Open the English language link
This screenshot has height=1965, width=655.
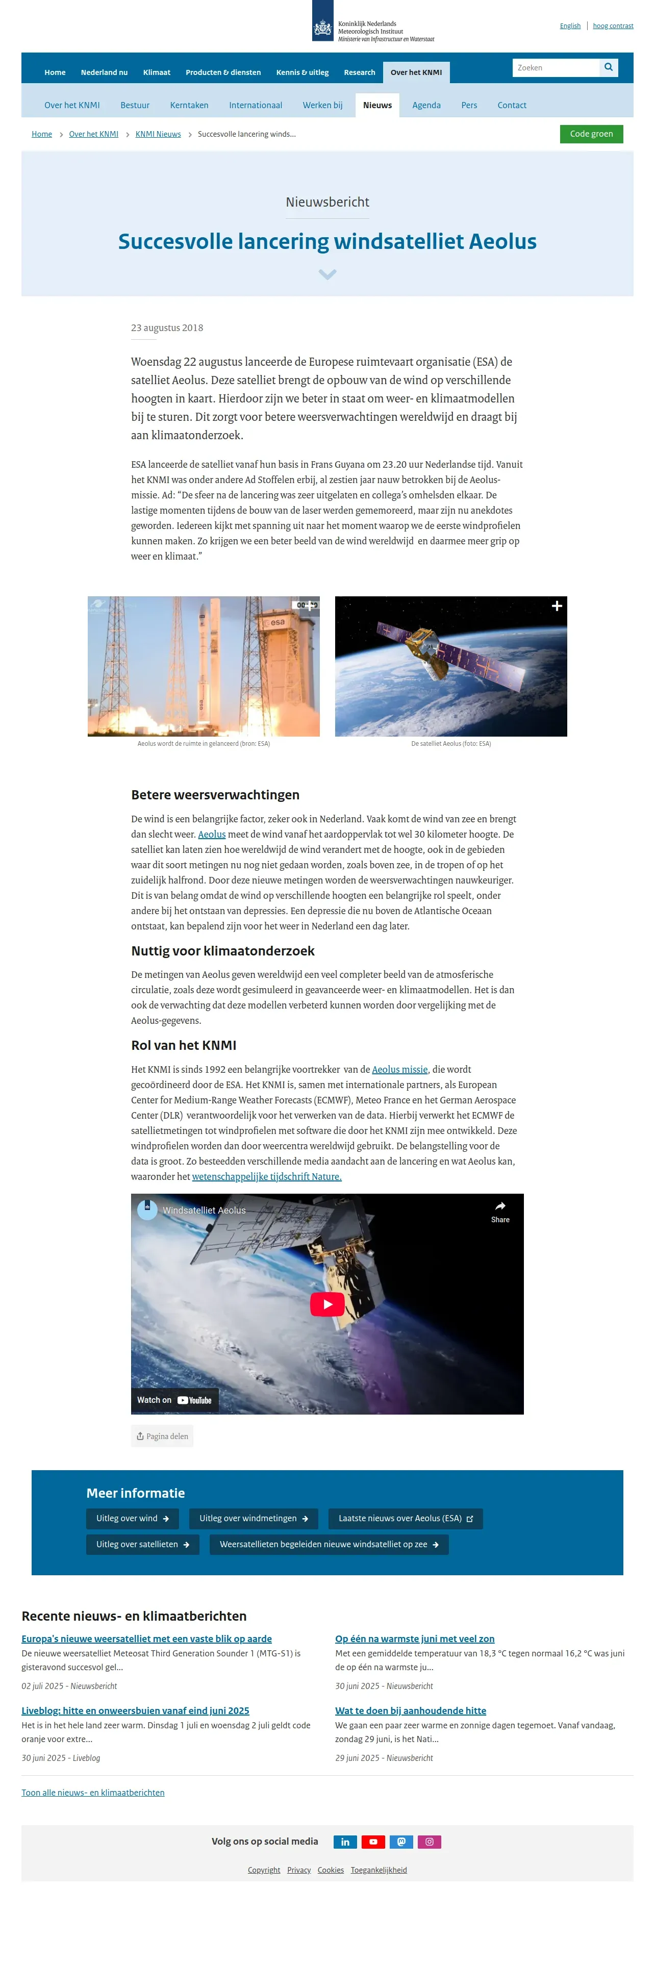click(x=570, y=26)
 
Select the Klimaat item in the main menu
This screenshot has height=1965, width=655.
click(x=156, y=72)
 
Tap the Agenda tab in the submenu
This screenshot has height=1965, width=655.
click(x=426, y=105)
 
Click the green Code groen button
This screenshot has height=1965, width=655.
click(x=591, y=134)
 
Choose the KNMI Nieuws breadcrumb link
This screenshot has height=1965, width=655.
click(x=158, y=134)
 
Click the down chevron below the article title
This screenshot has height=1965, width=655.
click(x=327, y=274)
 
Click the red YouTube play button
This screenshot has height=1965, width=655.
click(x=327, y=1304)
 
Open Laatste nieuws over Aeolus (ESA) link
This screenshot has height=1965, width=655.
click(x=405, y=1518)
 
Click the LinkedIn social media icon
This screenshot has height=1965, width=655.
click(x=345, y=1842)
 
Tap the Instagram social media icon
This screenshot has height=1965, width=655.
click(x=430, y=1842)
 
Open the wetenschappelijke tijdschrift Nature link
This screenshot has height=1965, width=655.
click(x=266, y=1176)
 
